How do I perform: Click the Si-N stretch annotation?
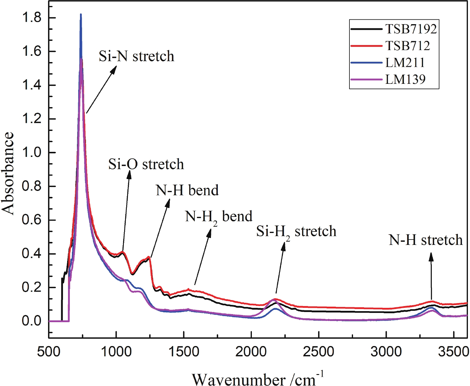point(136,56)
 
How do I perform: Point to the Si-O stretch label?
point(146,164)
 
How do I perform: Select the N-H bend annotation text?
point(187,190)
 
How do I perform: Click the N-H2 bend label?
point(218,217)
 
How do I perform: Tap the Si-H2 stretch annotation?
point(296,232)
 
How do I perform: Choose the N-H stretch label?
point(426,240)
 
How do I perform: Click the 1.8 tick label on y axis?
point(31,18)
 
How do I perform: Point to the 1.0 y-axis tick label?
point(31,152)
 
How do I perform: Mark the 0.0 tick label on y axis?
point(31,321)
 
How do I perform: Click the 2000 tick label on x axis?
point(251,352)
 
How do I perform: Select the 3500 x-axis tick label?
point(454,352)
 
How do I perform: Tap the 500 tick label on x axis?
point(49,352)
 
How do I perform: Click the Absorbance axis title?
point(8,173)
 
